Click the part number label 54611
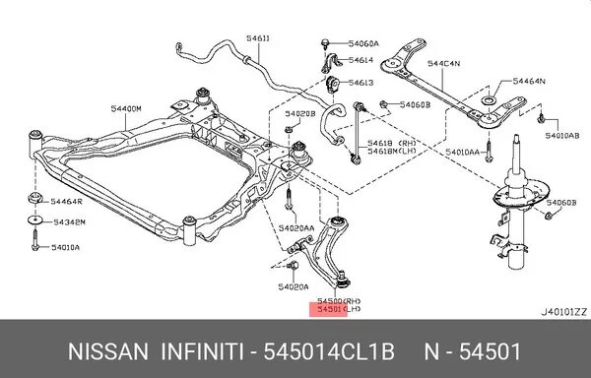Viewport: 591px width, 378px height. click(x=260, y=37)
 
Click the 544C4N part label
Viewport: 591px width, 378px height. click(x=442, y=65)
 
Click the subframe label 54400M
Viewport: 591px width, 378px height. click(x=126, y=108)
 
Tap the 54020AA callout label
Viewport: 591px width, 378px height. click(x=295, y=227)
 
